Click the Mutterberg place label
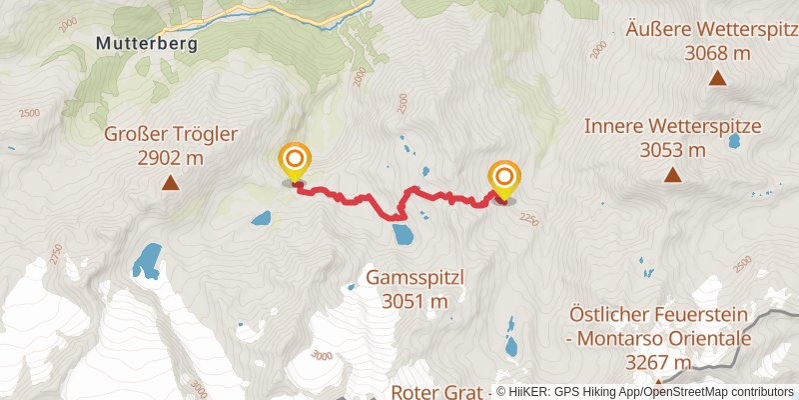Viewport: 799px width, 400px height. [x=148, y=44]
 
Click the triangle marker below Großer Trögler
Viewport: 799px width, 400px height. [x=171, y=183]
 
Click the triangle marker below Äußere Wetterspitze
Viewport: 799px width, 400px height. [x=717, y=78]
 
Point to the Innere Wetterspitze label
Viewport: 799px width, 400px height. [x=673, y=127]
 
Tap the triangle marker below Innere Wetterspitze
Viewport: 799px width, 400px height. [x=673, y=176]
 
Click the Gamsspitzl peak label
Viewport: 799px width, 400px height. [x=412, y=276]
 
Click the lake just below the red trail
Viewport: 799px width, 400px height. [x=404, y=235]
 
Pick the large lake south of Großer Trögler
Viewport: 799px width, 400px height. [x=146, y=260]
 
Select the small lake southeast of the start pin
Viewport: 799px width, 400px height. [x=261, y=217]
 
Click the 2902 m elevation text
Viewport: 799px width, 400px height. [x=171, y=157]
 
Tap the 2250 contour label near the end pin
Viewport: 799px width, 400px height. [x=528, y=219]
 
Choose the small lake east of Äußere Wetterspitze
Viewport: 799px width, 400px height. [x=735, y=141]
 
